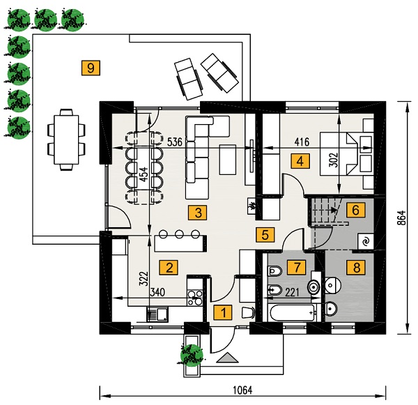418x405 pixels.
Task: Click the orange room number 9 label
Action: pyautogui.click(x=91, y=68)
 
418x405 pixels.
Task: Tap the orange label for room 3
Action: pyautogui.click(x=198, y=213)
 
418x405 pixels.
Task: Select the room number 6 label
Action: pyautogui.click(x=355, y=210)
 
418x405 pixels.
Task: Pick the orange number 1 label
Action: pyautogui.click(x=223, y=312)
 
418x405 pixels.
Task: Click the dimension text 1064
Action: pyautogui.click(x=242, y=390)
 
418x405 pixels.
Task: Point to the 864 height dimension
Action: pyautogui.click(x=402, y=217)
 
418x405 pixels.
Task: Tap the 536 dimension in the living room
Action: pyautogui.click(x=175, y=142)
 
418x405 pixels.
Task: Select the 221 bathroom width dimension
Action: pyautogui.click(x=292, y=293)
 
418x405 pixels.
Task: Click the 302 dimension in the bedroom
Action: pyautogui.click(x=333, y=160)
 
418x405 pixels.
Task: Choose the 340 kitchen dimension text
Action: pyautogui.click(x=157, y=292)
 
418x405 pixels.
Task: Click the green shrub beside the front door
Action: pyautogui.click(x=192, y=355)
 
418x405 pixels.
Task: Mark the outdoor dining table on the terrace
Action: pyautogui.click(x=66, y=139)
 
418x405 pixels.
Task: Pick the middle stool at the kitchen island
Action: pyautogui.click(x=180, y=234)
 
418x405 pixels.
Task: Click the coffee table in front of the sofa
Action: pyautogui.click(x=228, y=160)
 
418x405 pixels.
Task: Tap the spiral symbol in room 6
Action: pyautogui.click(x=366, y=242)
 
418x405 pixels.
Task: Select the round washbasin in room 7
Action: pyautogui.click(x=313, y=286)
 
